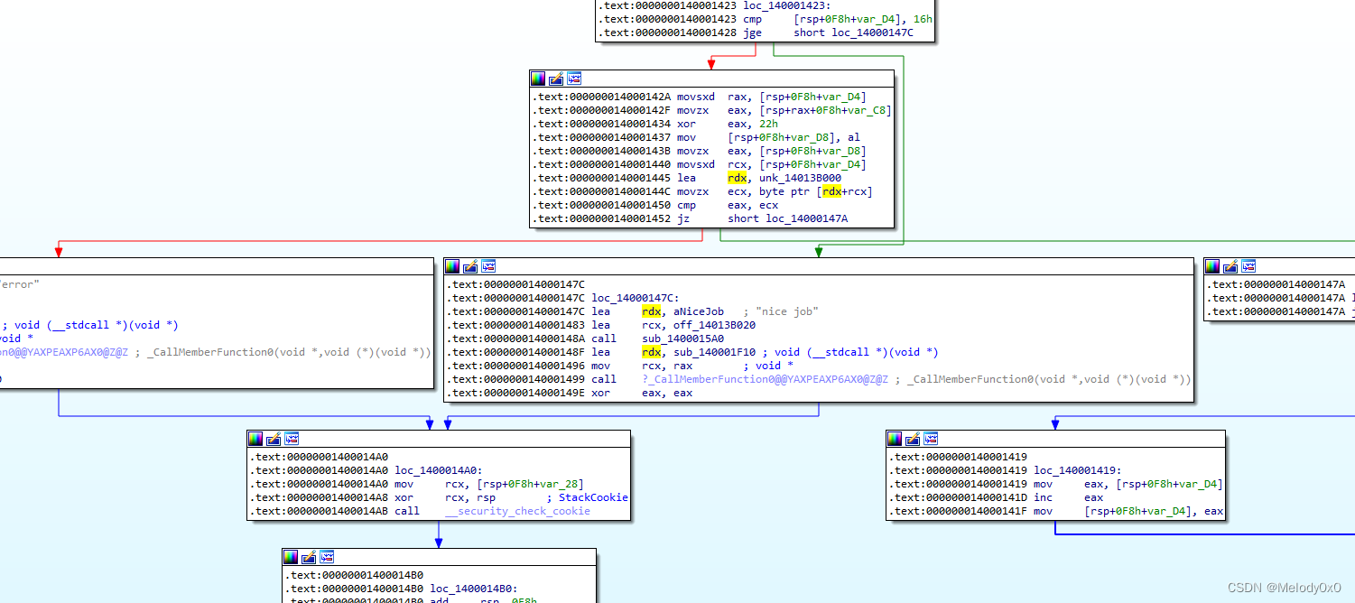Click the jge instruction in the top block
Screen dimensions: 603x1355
point(752,32)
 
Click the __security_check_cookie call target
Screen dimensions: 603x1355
point(517,511)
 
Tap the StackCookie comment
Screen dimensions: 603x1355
point(593,497)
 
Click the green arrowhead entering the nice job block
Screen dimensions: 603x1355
point(818,252)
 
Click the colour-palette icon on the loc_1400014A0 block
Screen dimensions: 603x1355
point(255,439)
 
